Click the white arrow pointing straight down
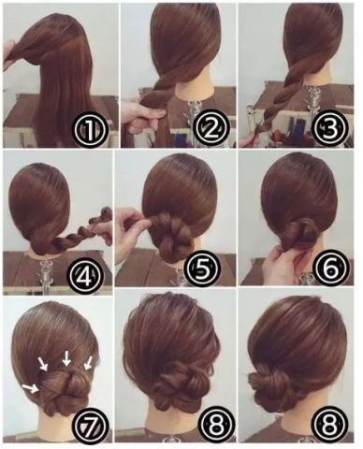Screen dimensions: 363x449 tap(66, 358)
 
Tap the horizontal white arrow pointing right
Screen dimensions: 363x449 tap(31, 388)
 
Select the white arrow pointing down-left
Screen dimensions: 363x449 tap(88, 364)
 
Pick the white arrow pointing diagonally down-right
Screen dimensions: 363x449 tap(43, 364)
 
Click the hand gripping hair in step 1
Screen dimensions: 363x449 tap(12, 53)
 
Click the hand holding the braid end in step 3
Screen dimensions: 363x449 tap(250, 140)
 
